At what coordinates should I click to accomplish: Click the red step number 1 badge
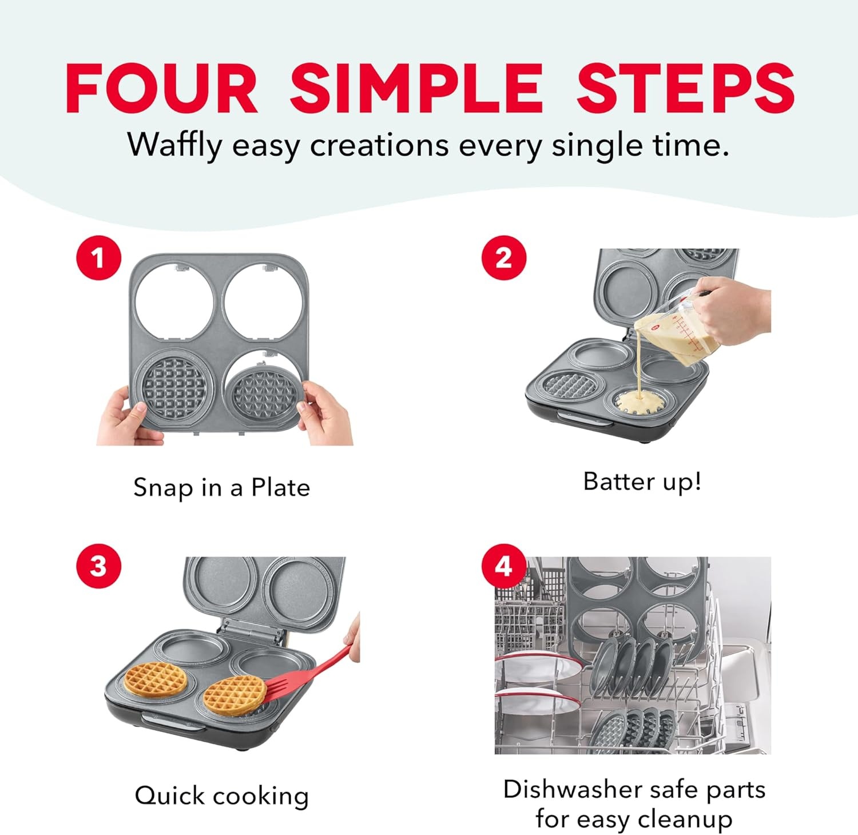coord(98,258)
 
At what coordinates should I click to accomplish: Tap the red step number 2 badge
coord(503,258)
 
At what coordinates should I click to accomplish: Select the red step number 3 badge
coord(98,566)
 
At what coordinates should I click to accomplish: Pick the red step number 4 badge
coord(503,566)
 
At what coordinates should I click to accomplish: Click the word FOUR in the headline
coord(162,88)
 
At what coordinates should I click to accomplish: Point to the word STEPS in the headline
coord(685,88)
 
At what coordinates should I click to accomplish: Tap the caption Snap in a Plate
coord(221,488)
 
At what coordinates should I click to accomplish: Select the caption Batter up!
coord(642,482)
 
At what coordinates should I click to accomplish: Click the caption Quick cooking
coord(221,796)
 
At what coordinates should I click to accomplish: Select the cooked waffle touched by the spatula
coord(235,695)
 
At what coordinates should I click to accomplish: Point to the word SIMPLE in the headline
coord(417,88)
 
